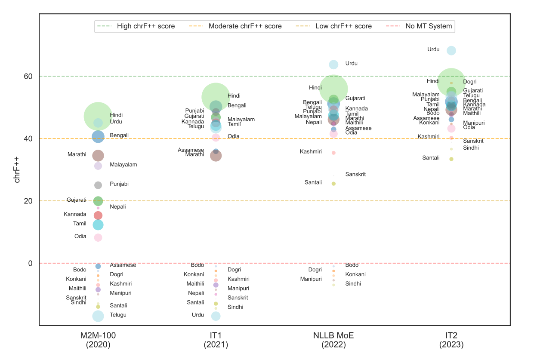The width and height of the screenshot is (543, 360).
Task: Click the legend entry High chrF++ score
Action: (x=145, y=26)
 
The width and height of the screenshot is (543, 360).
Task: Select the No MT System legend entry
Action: (x=429, y=26)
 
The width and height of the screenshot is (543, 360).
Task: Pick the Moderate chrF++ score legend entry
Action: (x=245, y=26)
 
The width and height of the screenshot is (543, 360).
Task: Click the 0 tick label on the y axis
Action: (x=30, y=263)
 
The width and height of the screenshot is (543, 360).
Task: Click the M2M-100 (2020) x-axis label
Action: (x=98, y=340)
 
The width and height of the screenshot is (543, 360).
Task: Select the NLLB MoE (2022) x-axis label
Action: (x=333, y=340)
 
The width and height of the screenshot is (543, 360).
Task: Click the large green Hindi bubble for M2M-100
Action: (x=98, y=116)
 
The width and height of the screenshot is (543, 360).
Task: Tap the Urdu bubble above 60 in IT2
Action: (x=451, y=50)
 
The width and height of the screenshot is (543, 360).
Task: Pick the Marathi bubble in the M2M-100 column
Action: (x=98, y=155)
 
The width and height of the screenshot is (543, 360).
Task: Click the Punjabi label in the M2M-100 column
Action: (x=119, y=184)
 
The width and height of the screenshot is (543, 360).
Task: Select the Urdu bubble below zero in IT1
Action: (x=216, y=316)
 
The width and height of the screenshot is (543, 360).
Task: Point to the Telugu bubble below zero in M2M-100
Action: (x=98, y=316)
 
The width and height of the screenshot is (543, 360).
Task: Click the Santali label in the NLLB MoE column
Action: (x=313, y=182)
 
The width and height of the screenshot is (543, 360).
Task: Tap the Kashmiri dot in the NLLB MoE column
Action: (x=333, y=153)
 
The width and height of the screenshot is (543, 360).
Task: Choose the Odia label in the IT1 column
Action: (x=234, y=136)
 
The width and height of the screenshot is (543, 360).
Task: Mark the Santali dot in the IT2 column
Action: (x=451, y=159)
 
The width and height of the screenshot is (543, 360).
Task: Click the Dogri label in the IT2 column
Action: (x=470, y=82)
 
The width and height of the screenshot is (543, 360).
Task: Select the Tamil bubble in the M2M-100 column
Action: (x=98, y=225)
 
